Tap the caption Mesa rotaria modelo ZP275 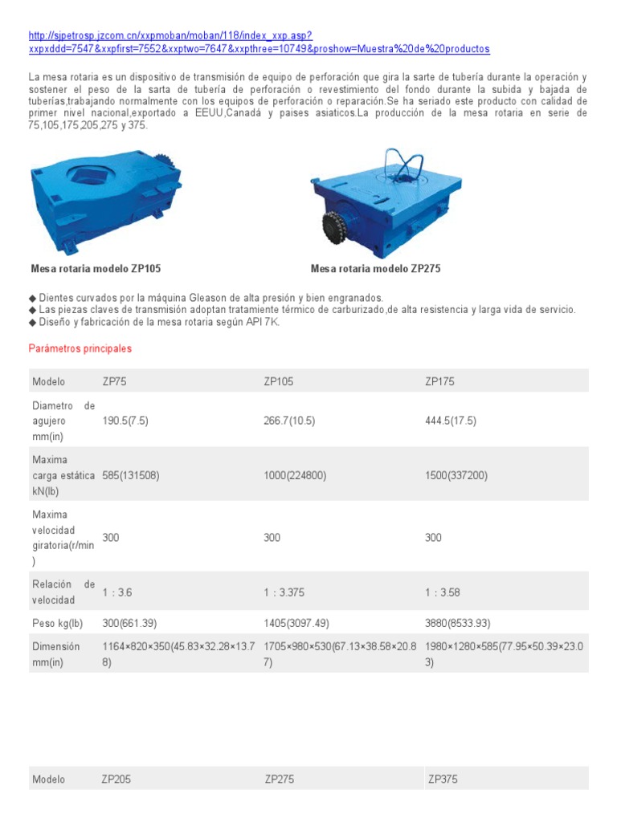tap(375, 269)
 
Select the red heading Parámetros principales tap(80, 349)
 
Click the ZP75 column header tap(114, 381)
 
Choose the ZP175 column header tap(439, 381)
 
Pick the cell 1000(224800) tap(295, 475)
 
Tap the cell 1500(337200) tap(456, 475)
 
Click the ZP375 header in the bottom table tap(443, 779)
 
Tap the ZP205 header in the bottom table tap(116, 779)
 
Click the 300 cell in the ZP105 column tap(272, 538)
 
